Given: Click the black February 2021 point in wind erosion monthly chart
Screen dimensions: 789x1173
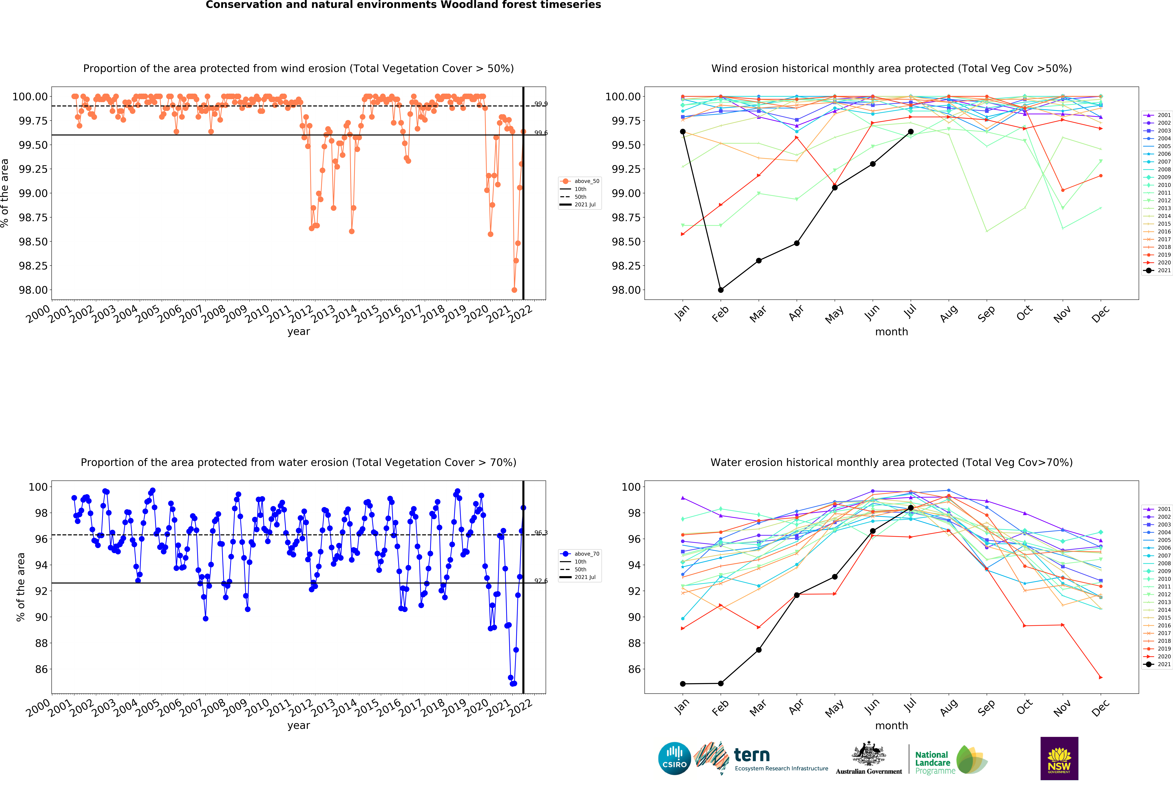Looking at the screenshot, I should click(x=721, y=290).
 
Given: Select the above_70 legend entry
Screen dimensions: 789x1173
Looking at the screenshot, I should click(x=580, y=553).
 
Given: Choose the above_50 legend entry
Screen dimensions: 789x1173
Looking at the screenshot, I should click(x=580, y=181).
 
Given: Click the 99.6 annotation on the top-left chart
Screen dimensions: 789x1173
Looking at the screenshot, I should click(x=540, y=133).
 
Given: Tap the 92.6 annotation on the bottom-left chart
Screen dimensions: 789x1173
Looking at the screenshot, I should click(x=540, y=581).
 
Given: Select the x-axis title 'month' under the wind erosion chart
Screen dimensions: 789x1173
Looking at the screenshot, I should click(x=891, y=332).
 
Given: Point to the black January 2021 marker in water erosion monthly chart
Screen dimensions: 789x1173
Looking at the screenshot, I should click(x=682, y=684).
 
